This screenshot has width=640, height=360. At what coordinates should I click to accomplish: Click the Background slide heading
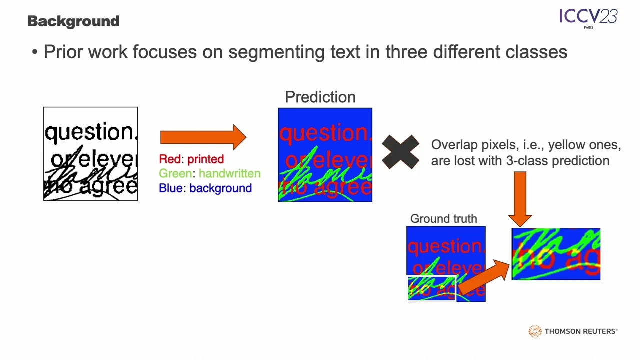(x=73, y=21)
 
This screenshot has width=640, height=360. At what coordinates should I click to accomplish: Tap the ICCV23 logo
(x=588, y=18)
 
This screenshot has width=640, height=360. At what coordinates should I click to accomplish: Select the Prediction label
(x=320, y=97)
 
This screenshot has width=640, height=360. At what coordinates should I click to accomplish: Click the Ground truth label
(x=443, y=219)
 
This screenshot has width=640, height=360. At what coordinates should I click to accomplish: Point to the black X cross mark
(x=400, y=152)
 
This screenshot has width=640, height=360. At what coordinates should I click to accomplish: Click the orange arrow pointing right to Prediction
(x=203, y=137)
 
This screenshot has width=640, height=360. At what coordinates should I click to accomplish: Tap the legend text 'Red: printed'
(x=191, y=159)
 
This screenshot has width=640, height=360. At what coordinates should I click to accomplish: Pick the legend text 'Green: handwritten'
(x=209, y=174)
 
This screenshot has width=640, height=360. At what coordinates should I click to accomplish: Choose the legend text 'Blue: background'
(x=205, y=188)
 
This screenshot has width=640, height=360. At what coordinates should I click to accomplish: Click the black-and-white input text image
(x=90, y=154)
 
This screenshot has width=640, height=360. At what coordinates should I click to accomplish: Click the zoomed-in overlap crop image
(x=556, y=254)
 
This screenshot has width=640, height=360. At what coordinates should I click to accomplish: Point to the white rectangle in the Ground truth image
(x=432, y=288)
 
